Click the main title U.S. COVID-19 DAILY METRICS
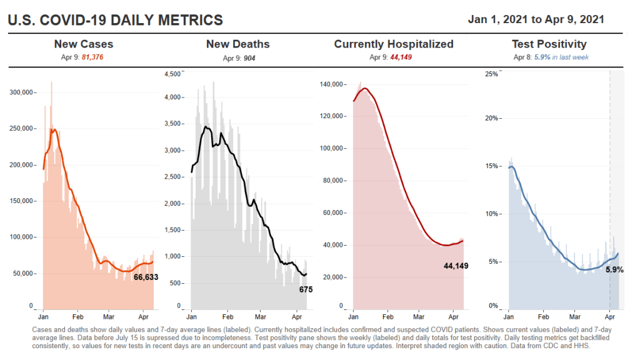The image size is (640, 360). [x=115, y=20]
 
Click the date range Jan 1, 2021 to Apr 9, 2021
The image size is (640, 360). [x=536, y=19]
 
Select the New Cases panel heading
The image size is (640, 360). [x=84, y=44]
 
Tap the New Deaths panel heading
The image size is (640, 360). [x=238, y=44]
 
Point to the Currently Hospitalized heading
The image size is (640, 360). [x=394, y=44]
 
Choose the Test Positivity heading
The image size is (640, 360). [x=549, y=44]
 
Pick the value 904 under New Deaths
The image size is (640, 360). [x=249, y=57]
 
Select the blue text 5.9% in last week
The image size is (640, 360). [x=562, y=57]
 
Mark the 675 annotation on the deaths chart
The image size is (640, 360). [x=306, y=289]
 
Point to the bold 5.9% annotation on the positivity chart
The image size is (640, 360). [x=614, y=270]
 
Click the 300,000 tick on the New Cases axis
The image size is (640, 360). [x=22, y=92]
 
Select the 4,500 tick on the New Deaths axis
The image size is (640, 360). [x=173, y=74]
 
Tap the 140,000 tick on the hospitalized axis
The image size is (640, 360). [x=331, y=84]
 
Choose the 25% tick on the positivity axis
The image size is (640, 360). [x=491, y=74]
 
